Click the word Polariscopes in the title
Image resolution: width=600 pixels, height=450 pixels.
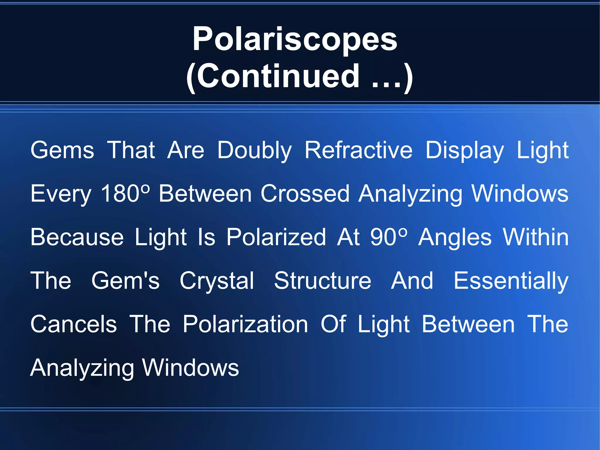click(295, 39)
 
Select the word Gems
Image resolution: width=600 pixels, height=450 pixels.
click(62, 150)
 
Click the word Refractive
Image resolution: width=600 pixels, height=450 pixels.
click(358, 150)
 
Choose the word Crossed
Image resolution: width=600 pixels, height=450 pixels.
click(305, 193)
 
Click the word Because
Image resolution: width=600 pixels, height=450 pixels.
click(77, 237)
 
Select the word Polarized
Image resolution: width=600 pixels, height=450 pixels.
click(276, 237)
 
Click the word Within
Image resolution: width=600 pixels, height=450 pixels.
click(536, 237)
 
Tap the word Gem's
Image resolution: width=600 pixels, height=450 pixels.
click(125, 281)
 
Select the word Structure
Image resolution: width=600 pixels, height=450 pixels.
click(323, 281)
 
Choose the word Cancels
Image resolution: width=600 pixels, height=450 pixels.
click(74, 324)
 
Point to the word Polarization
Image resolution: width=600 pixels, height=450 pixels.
click(245, 324)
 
